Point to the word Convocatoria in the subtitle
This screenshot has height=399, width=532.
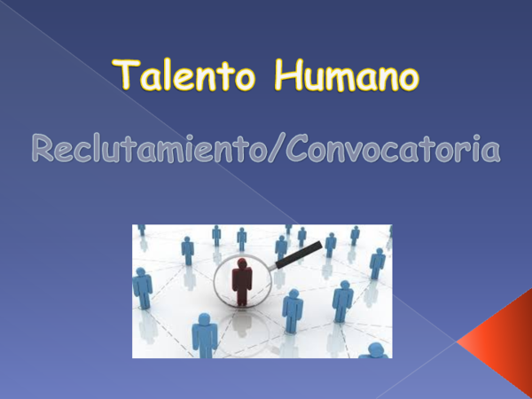[x=390, y=148]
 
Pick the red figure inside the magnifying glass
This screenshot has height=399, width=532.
[x=242, y=282]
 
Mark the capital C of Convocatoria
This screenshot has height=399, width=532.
[x=293, y=148]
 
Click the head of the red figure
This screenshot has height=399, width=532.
[x=242, y=263]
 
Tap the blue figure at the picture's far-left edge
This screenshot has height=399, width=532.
[x=142, y=288]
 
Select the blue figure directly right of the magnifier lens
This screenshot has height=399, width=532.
[x=292, y=309]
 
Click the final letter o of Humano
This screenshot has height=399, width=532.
[x=405, y=78]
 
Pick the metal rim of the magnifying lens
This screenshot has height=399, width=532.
[x=215, y=284]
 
